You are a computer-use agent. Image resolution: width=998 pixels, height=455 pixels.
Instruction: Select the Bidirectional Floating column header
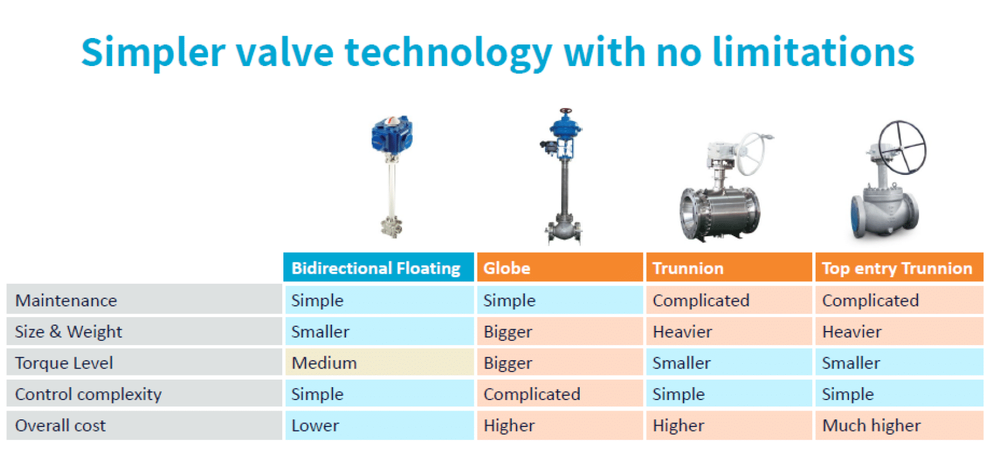(x=377, y=268)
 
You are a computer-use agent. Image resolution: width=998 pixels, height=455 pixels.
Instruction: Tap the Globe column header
(x=560, y=268)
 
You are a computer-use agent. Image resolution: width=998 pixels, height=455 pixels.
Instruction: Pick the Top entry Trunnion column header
(x=898, y=268)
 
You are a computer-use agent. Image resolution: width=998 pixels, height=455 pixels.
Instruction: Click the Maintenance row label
(x=66, y=300)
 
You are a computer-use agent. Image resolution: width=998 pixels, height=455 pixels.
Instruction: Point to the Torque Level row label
(x=64, y=363)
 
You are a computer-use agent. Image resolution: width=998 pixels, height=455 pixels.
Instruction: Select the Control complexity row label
(x=88, y=394)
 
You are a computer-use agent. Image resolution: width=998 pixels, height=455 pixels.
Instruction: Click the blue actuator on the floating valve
(x=392, y=134)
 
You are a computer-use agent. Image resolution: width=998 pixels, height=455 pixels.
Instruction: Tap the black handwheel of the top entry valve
(x=902, y=147)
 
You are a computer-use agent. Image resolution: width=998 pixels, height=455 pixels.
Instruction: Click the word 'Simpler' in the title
(x=153, y=53)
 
